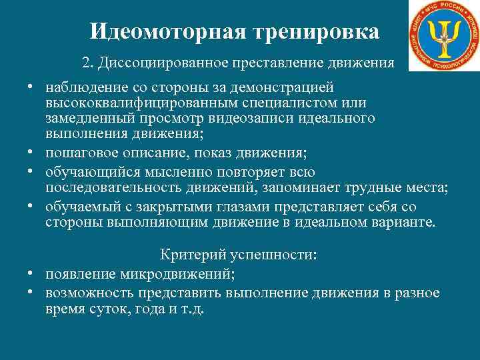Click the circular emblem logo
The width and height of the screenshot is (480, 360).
coord(443,35)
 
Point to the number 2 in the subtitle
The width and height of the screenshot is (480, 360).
coord(85,63)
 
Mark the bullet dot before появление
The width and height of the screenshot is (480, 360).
coord(31,273)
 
